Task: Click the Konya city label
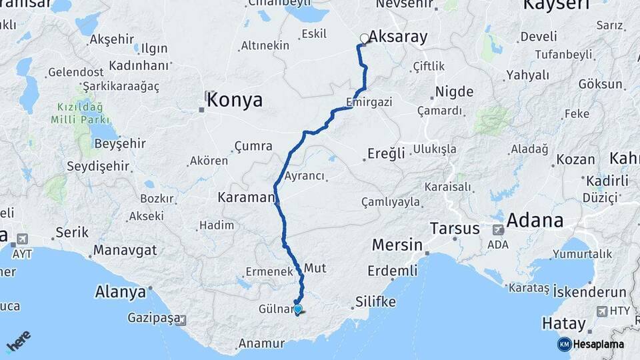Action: tap(235, 101)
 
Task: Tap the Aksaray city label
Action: tap(398, 37)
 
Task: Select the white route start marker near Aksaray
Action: tap(364, 39)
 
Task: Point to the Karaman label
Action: tap(246, 197)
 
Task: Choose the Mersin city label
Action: tap(397, 245)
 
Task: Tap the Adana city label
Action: tap(535, 220)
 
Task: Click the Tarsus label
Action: tap(455, 229)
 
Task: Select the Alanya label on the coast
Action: tap(121, 292)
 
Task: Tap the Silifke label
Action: tap(376, 302)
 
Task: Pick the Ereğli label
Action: tap(387, 154)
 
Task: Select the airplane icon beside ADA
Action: tap(498, 229)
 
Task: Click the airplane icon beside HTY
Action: tap(602, 311)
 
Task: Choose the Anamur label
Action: tap(261, 345)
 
